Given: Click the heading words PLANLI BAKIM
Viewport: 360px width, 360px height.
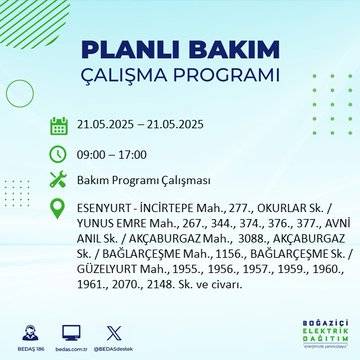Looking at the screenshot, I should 180,53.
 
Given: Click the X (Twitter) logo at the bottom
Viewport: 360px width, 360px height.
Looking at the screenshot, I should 109,333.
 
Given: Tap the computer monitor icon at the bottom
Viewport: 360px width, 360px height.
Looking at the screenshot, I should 70,333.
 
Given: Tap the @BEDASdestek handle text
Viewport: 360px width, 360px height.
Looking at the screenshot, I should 109,350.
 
